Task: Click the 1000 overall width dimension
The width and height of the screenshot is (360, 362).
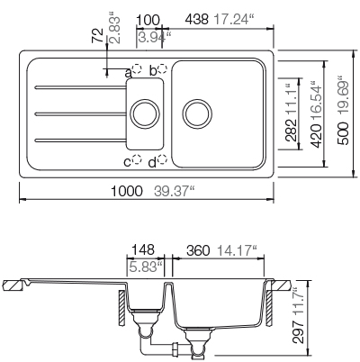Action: point(126,191)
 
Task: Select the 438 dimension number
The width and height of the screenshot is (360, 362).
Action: point(196,20)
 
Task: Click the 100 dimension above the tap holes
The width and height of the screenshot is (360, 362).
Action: point(148,20)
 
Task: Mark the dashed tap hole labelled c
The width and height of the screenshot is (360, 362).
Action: point(137,159)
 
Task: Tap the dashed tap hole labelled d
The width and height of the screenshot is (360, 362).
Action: point(162,159)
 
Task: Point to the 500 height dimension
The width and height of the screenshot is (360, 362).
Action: point(343,133)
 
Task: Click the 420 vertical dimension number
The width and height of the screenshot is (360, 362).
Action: point(316,136)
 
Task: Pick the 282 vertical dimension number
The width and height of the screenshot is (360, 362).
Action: point(291,130)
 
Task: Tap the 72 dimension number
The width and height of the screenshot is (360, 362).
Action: point(97,35)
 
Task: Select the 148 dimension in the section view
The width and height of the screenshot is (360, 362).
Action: point(143,249)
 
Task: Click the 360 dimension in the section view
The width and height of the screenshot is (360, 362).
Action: point(198,250)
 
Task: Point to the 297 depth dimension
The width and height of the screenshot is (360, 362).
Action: point(298,332)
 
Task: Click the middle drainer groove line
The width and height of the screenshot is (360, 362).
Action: point(80,113)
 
